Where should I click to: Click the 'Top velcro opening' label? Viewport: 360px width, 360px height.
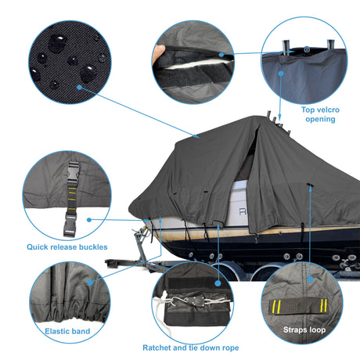(320, 114)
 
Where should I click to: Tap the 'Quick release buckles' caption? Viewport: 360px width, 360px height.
(67, 247)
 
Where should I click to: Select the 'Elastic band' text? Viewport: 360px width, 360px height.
(67, 331)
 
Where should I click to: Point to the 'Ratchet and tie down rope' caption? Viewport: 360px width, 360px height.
(191, 347)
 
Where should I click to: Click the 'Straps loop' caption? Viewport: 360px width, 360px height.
(304, 329)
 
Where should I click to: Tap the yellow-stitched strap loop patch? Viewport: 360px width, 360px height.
(298, 305)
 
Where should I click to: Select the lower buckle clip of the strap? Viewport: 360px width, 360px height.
(70, 225)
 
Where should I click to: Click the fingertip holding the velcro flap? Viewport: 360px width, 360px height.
(158, 52)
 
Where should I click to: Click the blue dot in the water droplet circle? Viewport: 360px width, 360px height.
(79, 87)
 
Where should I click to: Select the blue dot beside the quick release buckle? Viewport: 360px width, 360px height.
(89, 220)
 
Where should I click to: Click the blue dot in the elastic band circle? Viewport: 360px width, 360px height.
(90, 283)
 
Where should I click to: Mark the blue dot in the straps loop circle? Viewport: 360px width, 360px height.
(310, 279)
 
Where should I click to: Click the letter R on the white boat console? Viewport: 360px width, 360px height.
(243, 211)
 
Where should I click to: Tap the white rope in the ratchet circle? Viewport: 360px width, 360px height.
(163, 308)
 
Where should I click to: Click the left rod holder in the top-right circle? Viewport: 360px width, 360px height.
(286, 47)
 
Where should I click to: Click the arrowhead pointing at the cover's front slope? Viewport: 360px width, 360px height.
(197, 136)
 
